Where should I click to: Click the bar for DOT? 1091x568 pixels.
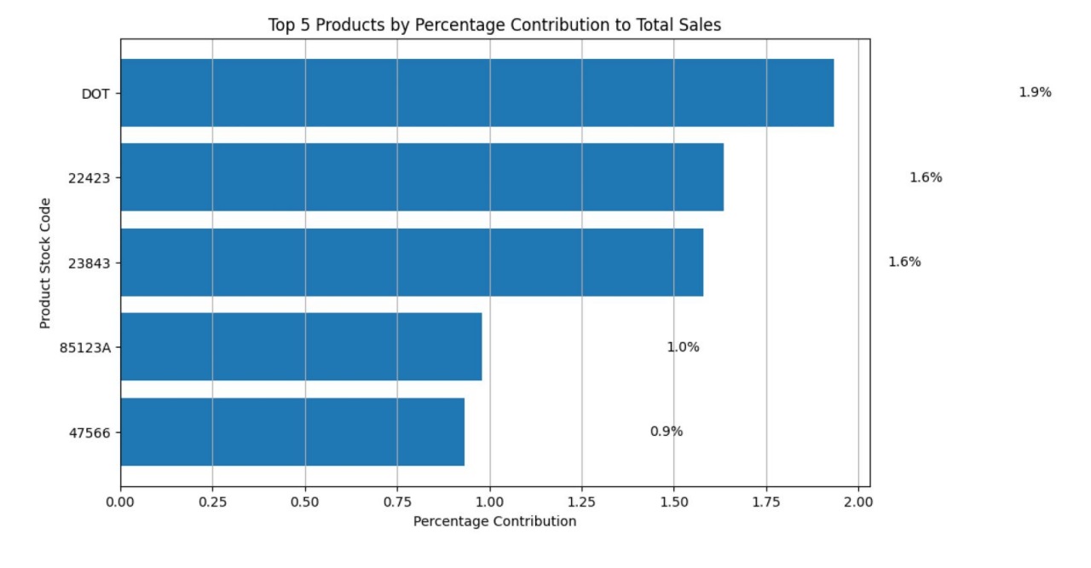pyautogui.click(x=476, y=93)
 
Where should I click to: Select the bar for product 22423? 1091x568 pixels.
pyautogui.click(x=422, y=177)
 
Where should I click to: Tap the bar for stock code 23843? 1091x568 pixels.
pyautogui.click(x=412, y=262)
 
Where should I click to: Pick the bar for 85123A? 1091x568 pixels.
pyautogui.click(x=301, y=347)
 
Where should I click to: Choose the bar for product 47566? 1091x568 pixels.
pyautogui.click(x=292, y=432)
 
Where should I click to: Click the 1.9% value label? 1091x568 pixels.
pyautogui.click(x=1035, y=93)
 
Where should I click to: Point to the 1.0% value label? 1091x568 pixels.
pyautogui.click(x=683, y=347)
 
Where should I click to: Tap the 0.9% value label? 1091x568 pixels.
pyautogui.click(x=667, y=432)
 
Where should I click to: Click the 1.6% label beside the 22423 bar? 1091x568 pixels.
pyautogui.click(x=926, y=177)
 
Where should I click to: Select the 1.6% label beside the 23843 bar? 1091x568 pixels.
pyautogui.click(x=904, y=262)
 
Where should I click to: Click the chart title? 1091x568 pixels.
pyautogui.click(x=494, y=26)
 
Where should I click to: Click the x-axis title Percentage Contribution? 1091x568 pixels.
pyautogui.click(x=494, y=521)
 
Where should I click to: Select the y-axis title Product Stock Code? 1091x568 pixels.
pyautogui.click(x=45, y=263)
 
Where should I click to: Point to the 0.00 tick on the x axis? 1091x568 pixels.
pyautogui.click(x=121, y=501)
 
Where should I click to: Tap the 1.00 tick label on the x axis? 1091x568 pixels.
pyautogui.click(x=490, y=501)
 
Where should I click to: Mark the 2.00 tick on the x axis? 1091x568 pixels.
pyautogui.click(x=858, y=501)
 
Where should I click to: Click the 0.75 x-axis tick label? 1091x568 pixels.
pyautogui.click(x=397, y=501)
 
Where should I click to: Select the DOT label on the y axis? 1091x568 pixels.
pyautogui.click(x=95, y=94)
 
